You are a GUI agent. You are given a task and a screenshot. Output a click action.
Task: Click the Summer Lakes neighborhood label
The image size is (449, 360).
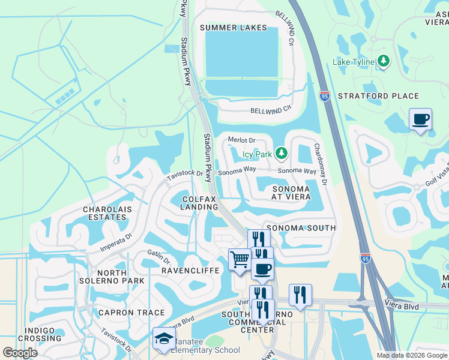point(233,28)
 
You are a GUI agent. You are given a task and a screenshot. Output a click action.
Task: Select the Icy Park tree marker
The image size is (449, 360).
point(281,154)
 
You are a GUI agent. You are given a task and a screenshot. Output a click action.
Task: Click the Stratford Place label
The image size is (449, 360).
point(378,96)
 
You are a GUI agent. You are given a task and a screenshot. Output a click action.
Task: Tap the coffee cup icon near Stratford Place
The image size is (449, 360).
point(420,118)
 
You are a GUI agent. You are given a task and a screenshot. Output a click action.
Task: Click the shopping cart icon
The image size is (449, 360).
point(240,260)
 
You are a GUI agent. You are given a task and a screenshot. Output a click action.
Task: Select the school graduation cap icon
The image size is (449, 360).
point(163,338)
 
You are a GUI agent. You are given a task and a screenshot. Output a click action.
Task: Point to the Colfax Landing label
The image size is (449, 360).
point(199,203)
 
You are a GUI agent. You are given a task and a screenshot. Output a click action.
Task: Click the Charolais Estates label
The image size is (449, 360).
point(107,214)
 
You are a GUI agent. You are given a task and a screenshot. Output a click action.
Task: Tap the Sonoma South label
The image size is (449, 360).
point(301,228)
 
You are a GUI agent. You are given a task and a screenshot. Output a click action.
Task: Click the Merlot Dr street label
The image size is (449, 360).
point(242,140)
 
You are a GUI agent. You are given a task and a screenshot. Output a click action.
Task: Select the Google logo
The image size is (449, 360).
point(20,352)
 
